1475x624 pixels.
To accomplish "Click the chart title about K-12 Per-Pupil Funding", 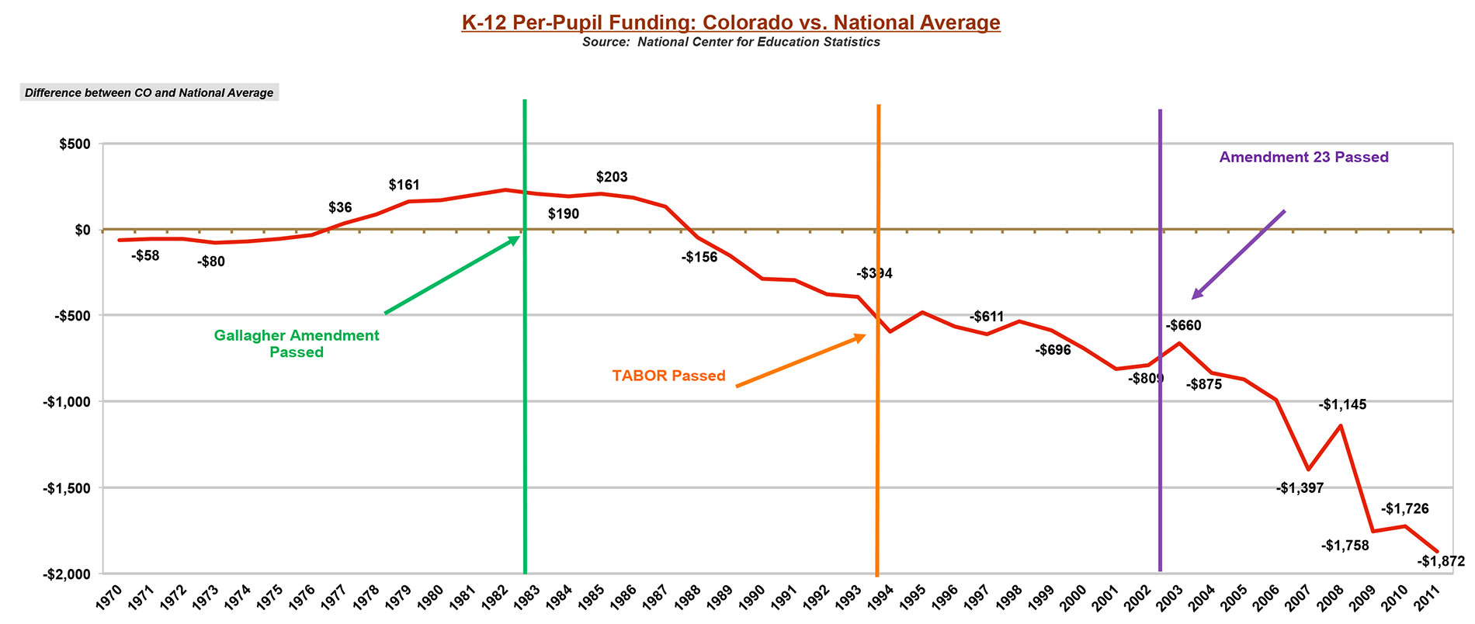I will coord(731,23).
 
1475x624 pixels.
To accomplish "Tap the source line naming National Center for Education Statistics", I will coord(731,42).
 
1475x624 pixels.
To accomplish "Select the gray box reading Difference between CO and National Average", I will coord(148,93).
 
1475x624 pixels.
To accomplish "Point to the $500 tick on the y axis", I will coord(72,144).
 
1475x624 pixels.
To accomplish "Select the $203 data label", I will coord(612,177).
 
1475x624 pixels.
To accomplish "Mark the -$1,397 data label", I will coord(1299,488).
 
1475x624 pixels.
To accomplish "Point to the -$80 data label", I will coord(210,262).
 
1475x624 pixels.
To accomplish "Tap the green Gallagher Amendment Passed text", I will coord(297,344).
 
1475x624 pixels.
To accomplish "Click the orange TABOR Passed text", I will coord(668,376).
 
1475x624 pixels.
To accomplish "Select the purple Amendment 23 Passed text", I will coord(1303,157).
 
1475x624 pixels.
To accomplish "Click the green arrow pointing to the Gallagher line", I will coord(452,275).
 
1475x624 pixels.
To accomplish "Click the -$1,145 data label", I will coord(1342,404).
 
